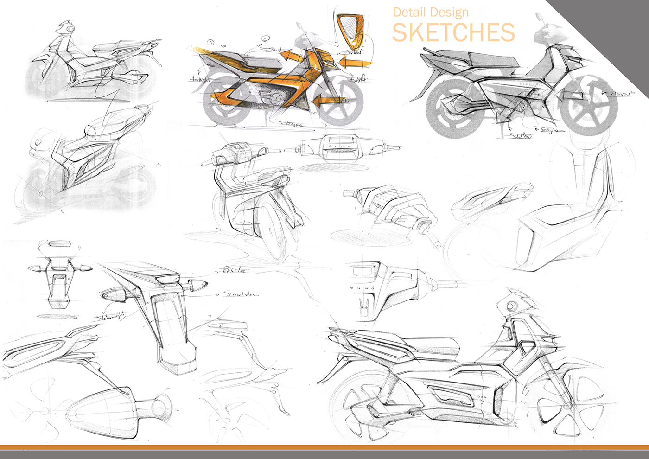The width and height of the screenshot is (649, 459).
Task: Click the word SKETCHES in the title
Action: pos(453,32)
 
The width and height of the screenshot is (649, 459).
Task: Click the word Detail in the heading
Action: pos(408,13)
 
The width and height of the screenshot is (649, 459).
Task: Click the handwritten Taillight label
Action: pos(200,80)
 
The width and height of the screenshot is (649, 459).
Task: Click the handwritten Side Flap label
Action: pos(521,135)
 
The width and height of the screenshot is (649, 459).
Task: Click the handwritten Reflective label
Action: pos(235,270)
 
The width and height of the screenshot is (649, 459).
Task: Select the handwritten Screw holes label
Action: pos(239,294)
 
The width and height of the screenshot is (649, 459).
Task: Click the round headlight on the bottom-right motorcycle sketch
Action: pos(511,306)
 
